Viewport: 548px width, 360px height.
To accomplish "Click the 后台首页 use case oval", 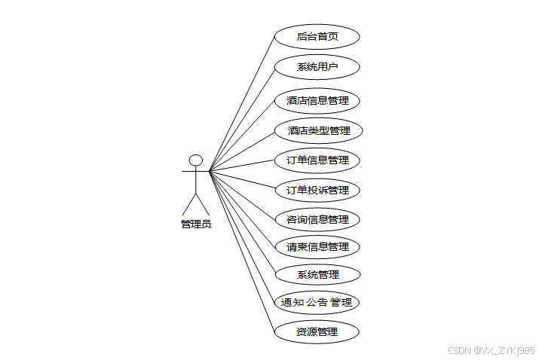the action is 317,36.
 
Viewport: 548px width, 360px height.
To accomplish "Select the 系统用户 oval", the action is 317,66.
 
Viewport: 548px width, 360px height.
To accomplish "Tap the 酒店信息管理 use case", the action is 317,100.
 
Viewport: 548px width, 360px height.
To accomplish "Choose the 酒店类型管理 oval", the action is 318,130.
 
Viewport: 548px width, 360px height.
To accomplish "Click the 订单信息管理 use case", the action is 317,160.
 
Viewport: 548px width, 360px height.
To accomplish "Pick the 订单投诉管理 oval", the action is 317,190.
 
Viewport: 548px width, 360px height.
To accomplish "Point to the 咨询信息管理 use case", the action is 317,220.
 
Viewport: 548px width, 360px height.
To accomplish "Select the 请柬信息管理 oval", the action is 317,247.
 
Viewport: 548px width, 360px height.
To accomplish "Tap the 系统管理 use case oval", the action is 317,274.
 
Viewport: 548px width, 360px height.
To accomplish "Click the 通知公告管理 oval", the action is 316,303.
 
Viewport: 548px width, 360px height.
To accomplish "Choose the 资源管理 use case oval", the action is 317,331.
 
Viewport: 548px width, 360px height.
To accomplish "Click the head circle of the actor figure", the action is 196,160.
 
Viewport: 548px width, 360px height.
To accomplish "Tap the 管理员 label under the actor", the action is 196,224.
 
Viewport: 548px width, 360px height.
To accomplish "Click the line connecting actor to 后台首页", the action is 241,104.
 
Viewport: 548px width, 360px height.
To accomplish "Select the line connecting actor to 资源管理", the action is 241,250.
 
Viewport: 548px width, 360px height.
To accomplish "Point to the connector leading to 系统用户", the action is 241,119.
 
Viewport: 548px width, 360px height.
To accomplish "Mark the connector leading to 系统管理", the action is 243,223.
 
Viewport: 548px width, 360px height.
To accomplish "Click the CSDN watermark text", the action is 491,350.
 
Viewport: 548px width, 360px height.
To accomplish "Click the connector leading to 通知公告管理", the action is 241,236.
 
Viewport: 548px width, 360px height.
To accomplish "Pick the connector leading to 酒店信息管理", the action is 241,136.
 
